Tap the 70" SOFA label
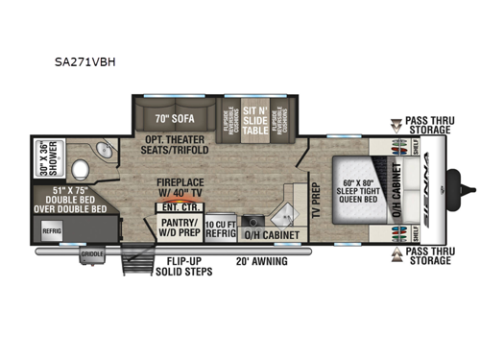coord(168,121)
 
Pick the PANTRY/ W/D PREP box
coord(179,228)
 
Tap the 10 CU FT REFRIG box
coord(220,227)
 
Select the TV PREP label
coord(313,200)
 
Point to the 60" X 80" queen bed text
coord(358,185)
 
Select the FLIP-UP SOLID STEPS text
coord(181,264)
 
